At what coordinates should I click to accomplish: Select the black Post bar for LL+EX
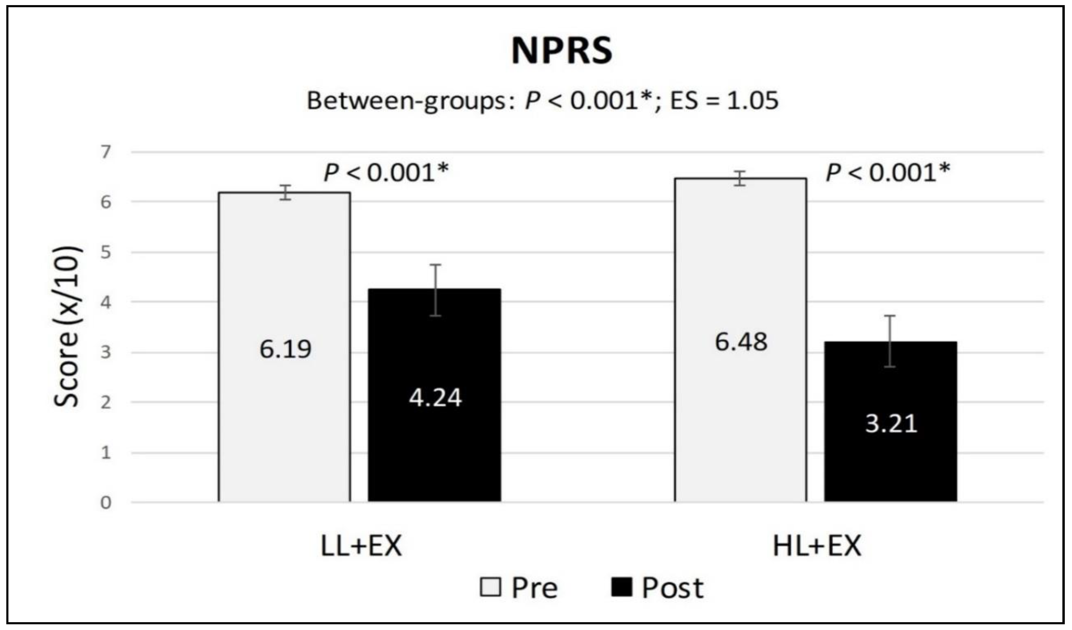tap(434, 447)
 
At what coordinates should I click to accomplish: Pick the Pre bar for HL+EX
tap(740, 277)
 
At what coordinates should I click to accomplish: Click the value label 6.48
tap(741, 342)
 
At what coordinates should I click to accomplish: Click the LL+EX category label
tap(361, 546)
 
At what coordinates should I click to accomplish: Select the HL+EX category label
tap(817, 546)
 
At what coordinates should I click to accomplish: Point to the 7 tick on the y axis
tap(106, 152)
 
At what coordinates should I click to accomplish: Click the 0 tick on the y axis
tap(106, 503)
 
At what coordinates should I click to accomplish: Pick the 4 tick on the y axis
tap(106, 303)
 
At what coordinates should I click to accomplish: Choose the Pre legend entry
tap(519, 588)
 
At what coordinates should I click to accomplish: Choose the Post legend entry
tap(657, 588)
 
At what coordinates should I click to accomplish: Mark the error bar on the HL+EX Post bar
tap(890, 340)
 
